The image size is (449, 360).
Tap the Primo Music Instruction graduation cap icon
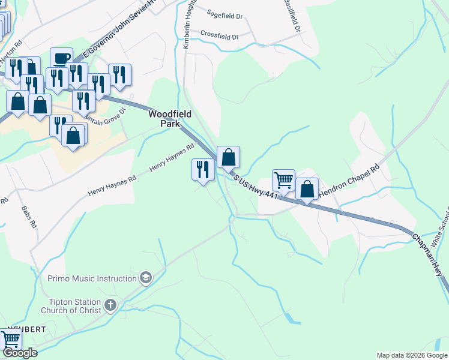pyautogui.click(x=145, y=278)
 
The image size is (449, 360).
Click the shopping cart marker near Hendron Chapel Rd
pyautogui.click(x=283, y=179)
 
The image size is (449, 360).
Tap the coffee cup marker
pyautogui.click(x=61, y=59)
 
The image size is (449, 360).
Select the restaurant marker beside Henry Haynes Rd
pyautogui.click(x=203, y=169)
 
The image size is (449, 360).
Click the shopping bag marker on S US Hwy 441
pyautogui.click(x=228, y=157)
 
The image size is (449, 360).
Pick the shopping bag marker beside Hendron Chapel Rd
pyautogui.click(x=307, y=188)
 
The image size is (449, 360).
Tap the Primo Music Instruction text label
pyautogui.click(x=92, y=278)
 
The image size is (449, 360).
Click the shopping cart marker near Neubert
pyautogui.click(x=10, y=339)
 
